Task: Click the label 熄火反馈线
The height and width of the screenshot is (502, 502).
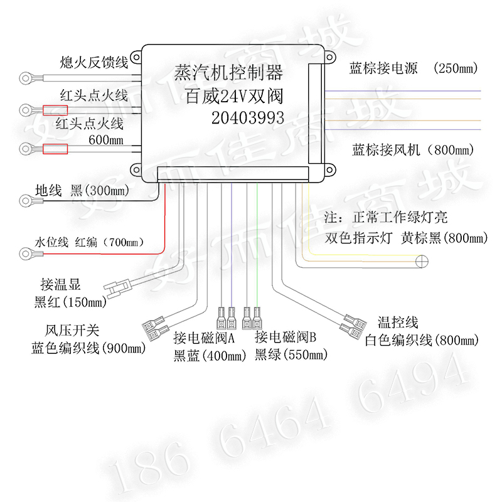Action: (x=93, y=62)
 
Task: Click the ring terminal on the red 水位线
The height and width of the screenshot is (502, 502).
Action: (x=27, y=253)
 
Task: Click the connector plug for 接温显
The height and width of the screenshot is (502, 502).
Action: (x=118, y=287)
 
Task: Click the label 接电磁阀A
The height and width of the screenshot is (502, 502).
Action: (x=204, y=338)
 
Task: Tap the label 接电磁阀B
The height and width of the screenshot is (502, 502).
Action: (x=286, y=338)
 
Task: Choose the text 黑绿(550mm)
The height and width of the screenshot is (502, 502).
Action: (x=291, y=356)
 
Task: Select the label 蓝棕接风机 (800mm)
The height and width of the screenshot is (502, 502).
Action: (x=411, y=150)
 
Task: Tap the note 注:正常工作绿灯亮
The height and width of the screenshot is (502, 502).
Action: (x=386, y=218)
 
